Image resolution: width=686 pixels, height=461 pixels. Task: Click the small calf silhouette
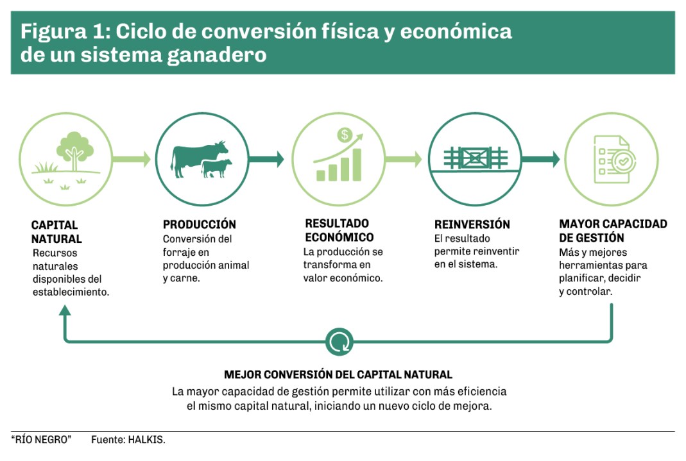tap(216, 169)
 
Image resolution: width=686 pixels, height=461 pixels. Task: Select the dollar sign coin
tap(345, 135)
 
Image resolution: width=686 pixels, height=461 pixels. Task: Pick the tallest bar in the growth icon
tap(357, 165)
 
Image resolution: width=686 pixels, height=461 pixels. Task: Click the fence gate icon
tap(475, 158)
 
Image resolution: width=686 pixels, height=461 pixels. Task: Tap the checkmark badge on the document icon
tap(624, 162)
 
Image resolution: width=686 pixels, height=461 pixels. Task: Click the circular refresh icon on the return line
tap(339, 342)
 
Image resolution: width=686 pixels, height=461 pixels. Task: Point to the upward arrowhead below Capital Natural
tap(65, 310)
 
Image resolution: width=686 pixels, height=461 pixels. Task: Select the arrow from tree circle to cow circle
tap(132, 159)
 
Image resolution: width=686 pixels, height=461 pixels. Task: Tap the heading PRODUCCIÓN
tap(200, 224)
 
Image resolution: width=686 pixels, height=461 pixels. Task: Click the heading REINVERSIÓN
tap(472, 224)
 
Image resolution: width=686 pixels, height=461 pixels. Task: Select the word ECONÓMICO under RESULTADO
tap(339, 237)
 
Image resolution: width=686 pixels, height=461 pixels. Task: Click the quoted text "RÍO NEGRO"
tap(41, 440)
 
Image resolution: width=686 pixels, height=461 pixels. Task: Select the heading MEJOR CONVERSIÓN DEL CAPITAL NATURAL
tap(338, 374)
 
